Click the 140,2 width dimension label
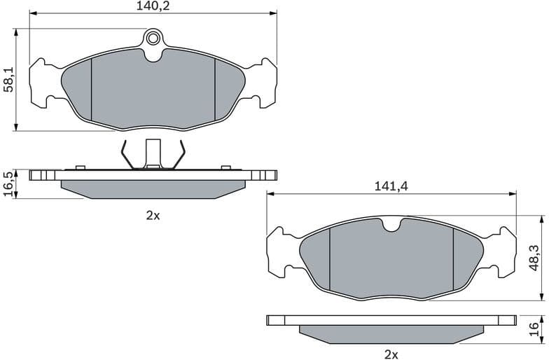tap(153, 6)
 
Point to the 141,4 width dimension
tap(391, 186)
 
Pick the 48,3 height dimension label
tap(534, 258)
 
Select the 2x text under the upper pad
tap(153, 216)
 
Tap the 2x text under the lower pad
tap(391, 354)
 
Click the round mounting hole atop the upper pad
tap(153, 38)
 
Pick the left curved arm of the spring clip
tap(125, 155)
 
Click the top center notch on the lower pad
tap(391, 226)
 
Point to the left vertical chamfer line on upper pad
tap(92, 88)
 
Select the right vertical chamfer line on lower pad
tap(453, 258)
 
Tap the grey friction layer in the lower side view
tap(391, 334)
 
